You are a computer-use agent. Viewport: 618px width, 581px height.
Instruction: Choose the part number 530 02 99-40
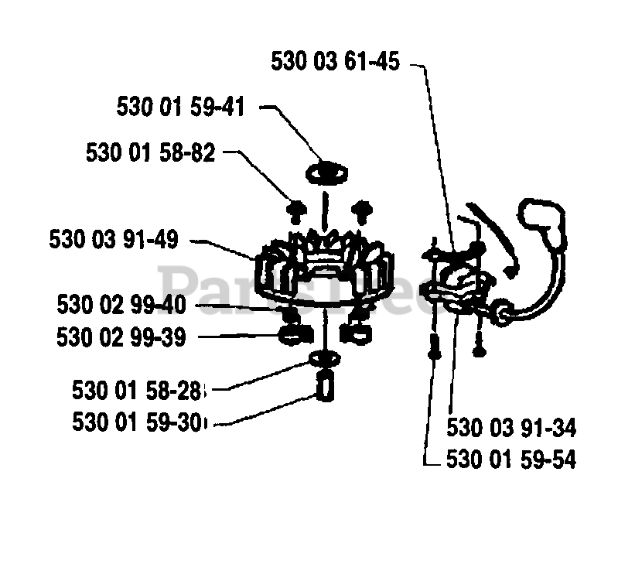[x=121, y=304]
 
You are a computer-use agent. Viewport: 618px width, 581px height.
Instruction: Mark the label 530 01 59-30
[x=139, y=422]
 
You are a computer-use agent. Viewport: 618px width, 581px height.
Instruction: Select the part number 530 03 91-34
[x=511, y=428]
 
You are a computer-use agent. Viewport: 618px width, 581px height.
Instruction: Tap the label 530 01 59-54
[x=511, y=460]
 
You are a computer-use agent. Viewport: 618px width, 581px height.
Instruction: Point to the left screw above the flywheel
[x=296, y=208]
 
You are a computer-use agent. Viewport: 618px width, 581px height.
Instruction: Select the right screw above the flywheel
[x=358, y=208]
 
